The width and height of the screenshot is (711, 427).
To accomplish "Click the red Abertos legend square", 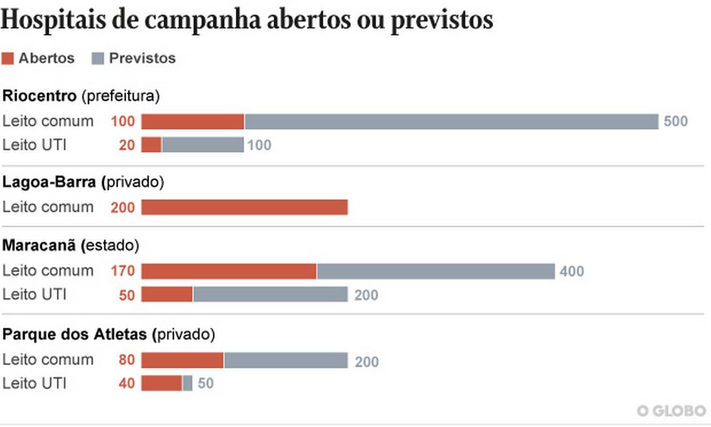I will pos(8,58).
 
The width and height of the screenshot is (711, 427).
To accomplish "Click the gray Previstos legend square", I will pos(98,58).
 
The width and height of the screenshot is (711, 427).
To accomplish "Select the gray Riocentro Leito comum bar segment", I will pos(451,122).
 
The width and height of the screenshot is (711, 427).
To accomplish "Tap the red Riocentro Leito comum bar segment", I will pos(192,122).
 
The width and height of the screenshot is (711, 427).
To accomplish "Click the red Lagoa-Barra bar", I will pos(244,208).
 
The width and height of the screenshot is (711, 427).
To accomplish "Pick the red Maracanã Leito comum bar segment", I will pos(228,271).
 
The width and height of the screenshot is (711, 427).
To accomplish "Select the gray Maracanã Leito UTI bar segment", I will pos(270,295).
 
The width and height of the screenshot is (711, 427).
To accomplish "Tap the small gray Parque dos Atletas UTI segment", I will pos(187,383).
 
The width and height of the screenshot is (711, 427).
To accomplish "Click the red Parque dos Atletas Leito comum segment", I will pos(182,360).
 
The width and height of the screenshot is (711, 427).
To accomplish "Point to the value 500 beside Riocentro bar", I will pos(676,122).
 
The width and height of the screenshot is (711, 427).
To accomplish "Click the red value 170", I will pos(123,271).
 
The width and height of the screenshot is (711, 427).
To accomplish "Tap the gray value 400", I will pos(572,271).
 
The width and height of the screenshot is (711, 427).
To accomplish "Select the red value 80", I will pos(127,360).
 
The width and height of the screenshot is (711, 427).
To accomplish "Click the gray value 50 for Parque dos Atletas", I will pos(206,383).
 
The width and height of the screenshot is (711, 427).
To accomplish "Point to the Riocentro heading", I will pos(39,96).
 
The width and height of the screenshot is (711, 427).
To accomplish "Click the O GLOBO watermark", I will pos(672,411).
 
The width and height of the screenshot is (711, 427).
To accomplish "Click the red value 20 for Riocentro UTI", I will pos(127,145).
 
